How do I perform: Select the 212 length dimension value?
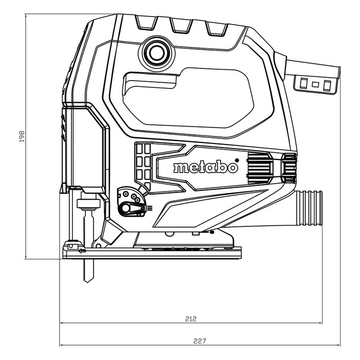point(190,319)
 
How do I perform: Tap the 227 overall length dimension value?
point(200,340)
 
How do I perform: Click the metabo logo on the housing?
point(205,168)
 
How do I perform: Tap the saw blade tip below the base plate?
point(86,278)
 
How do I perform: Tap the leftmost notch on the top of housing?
point(145,23)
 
